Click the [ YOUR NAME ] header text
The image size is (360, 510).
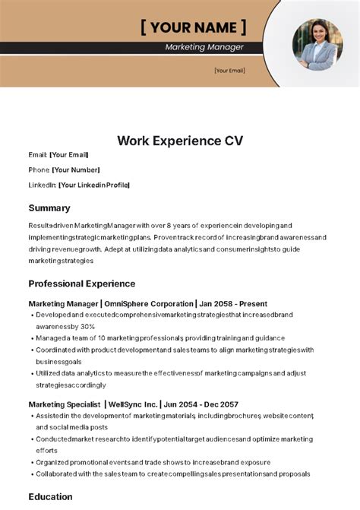pyautogui.click(x=193, y=28)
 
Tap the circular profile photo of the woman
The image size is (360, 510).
pyautogui.click(x=317, y=45)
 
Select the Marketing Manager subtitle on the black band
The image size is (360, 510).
pyautogui.click(x=204, y=47)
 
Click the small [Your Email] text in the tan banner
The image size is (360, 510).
pyautogui.click(x=229, y=71)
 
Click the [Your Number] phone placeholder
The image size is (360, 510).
pyautogui.click(x=75, y=169)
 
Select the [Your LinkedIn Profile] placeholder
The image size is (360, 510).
pyautogui.click(x=93, y=185)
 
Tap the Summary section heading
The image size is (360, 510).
pyautogui.click(x=49, y=207)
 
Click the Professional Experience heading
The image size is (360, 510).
pyautogui.click(x=83, y=284)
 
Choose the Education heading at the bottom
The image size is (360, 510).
pyautogui.click(x=50, y=497)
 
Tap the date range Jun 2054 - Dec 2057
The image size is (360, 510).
pyautogui.click(x=206, y=404)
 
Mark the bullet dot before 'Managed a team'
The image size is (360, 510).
pyautogui.click(x=31, y=338)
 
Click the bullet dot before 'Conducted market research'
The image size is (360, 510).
pyautogui.click(x=31, y=439)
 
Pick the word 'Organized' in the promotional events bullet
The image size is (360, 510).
pyautogui.click(x=53, y=461)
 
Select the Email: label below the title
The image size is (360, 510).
pyautogui.click(x=38, y=154)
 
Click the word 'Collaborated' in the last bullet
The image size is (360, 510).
pyautogui.click(x=59, y=474)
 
